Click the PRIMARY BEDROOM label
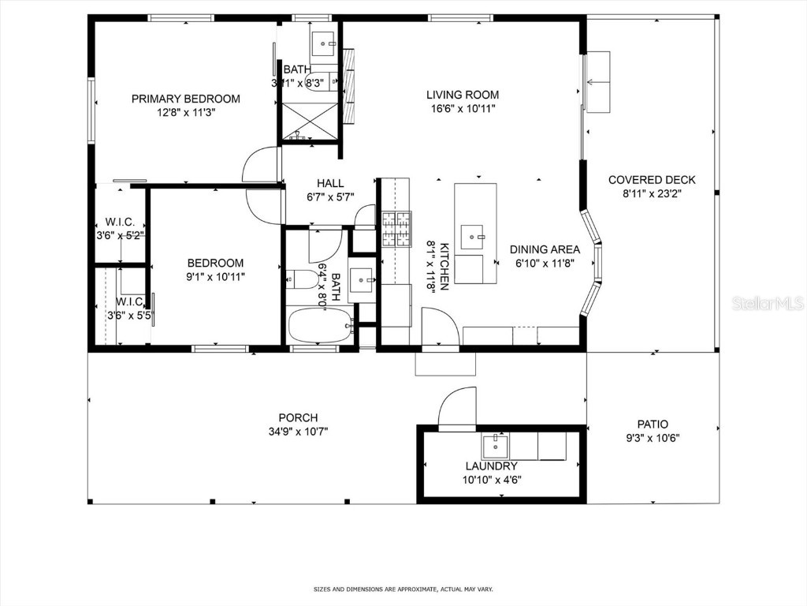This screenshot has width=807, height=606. (x=185, y=99)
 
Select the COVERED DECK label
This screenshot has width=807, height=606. (x=652, y=180)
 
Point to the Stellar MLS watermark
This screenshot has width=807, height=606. (x=767, y=303)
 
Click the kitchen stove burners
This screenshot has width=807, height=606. (x=396, y=229)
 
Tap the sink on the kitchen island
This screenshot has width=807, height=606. (x=474, y=235)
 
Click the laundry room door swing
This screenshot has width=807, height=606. (x=458, y=409)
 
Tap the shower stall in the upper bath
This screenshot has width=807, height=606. (x=309, y=120)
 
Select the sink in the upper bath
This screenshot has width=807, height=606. (x=324, y=42)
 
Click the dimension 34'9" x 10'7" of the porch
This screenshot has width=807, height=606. (x=298, y=432)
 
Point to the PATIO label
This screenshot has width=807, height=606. (x=652, y=425)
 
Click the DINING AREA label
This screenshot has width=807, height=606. (x=544, y=249)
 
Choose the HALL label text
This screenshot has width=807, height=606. (x=330, y=183)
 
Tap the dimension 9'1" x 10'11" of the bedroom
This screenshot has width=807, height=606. (x=215, y=277)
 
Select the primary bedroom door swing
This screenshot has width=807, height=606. (x=261, y=166)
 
